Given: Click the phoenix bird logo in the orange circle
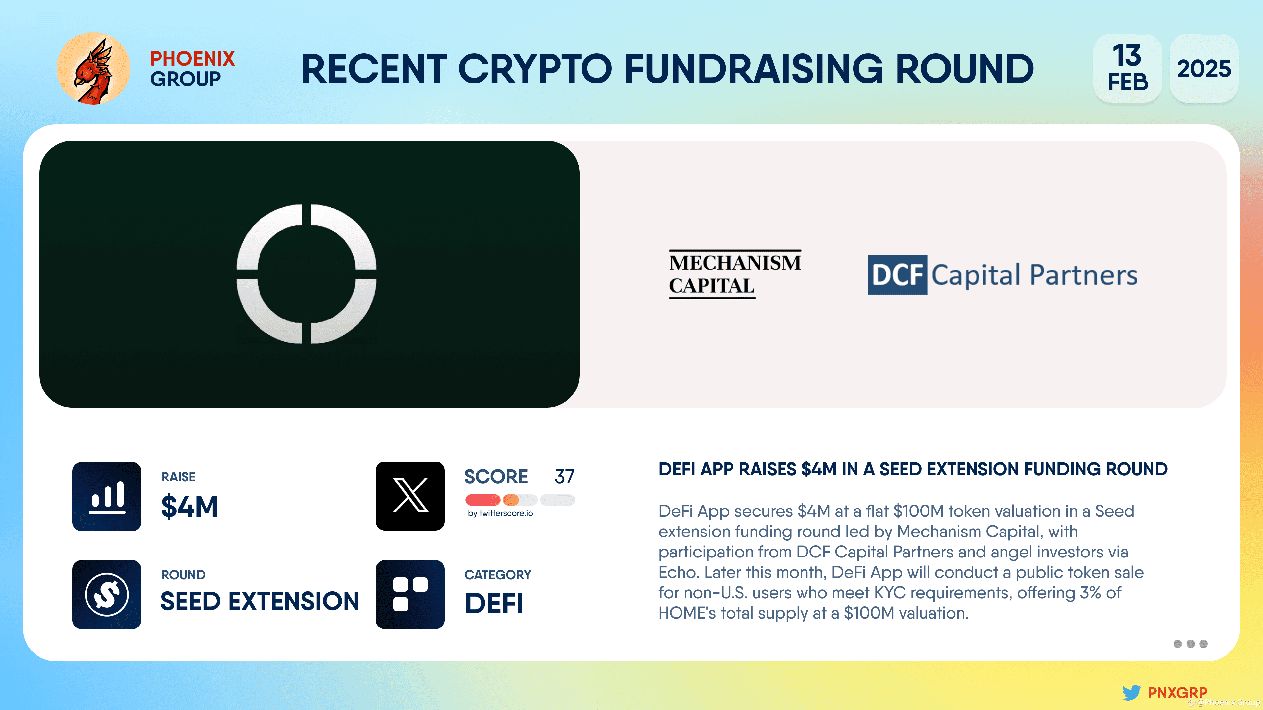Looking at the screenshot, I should click(93, 69).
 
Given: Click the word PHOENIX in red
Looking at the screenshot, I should click(192, 59).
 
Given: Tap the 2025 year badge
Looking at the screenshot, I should click(1204, 69).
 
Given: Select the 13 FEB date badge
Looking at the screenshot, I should click(1127, 69).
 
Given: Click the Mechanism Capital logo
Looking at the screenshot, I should click(734, 274).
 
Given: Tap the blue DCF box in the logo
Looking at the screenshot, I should click(897, 275).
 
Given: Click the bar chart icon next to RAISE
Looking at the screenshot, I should click(107, 496).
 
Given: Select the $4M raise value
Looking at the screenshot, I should click(189, 506).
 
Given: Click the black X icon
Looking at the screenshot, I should click(410, 496).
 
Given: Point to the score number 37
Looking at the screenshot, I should click(564, 476).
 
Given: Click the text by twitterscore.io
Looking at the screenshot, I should click(500, 513).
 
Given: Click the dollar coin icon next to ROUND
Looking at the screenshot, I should click(107, 594).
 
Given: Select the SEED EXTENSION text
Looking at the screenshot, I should click(260, 601).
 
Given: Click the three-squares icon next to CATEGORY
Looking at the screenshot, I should click(410, 594).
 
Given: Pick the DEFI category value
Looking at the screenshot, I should click(494, 603).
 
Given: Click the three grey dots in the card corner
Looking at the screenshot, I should click(1190, 644).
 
